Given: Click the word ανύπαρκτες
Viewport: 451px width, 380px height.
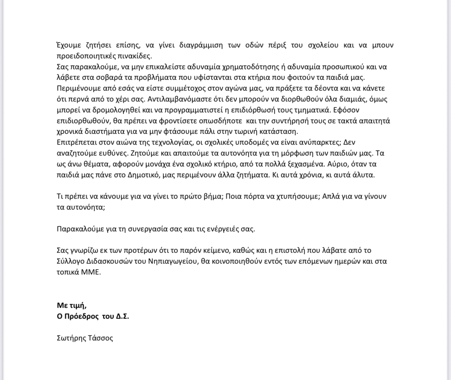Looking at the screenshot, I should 318,143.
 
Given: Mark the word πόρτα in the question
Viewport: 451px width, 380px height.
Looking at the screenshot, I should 254,196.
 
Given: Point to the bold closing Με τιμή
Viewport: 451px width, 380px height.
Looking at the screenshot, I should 72,305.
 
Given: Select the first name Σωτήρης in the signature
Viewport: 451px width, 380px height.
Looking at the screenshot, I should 71,338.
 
